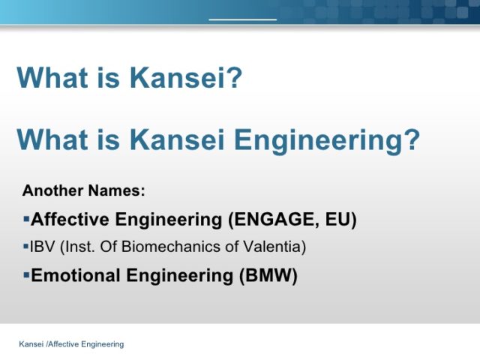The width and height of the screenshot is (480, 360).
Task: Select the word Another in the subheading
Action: [x=53, y=190]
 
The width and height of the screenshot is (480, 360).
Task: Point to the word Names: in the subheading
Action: [x=116, y=190]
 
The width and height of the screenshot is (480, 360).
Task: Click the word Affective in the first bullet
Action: [x=70, y=219]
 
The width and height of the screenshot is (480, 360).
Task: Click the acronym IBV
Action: [x=42, y=247]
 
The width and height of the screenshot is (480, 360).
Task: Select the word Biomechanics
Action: [x=172, y=247]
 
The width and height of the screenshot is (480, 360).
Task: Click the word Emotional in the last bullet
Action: [x=75, y=275]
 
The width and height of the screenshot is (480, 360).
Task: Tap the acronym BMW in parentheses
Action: [x=268, y=275]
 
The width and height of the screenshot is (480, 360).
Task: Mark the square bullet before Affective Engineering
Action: [x=26, y=219]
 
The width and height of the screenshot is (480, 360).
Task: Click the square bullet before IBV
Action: [x=25, y=247]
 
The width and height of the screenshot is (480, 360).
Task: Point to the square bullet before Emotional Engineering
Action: [x=26, y=275]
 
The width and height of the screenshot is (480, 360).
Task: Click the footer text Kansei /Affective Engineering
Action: [x=71, y=344]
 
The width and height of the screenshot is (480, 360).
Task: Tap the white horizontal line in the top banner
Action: [x=243, y=19]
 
